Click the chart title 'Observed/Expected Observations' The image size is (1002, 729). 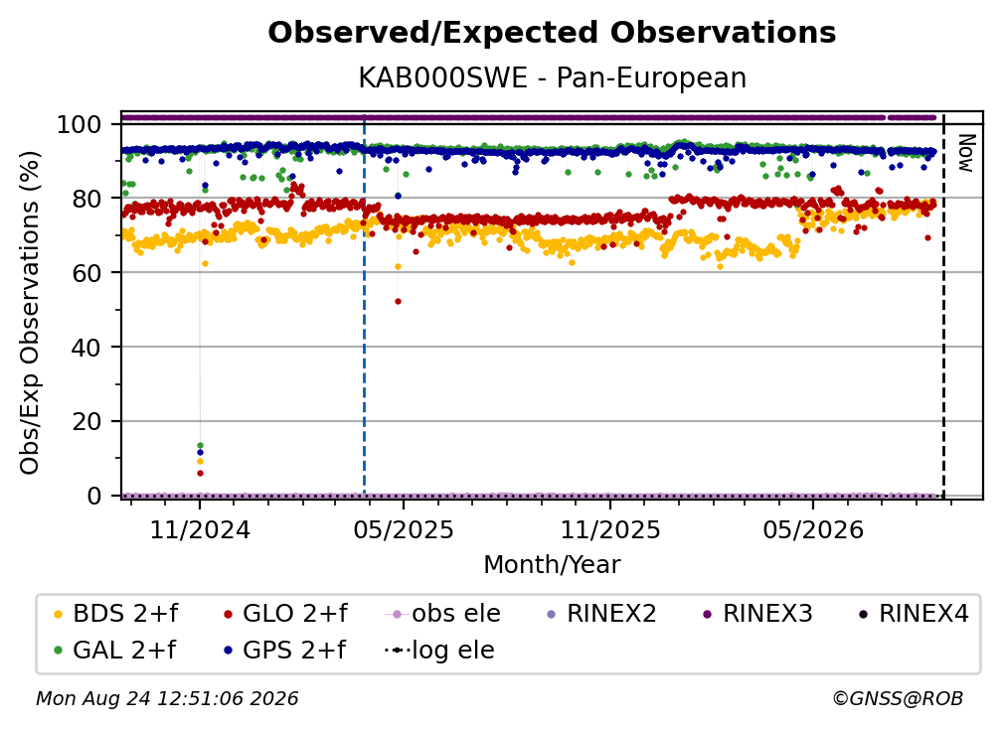pyautogui.click(x=552, y=33)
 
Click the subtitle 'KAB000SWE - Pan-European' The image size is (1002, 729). pyautogui.click(x=552, y=77)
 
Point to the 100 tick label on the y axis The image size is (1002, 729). pyautogui.click(x=80, y=124)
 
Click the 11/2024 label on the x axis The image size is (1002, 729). pyautogui.click(x=200, y=529)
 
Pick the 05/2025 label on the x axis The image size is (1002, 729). pyautogui.click(x=404, y=529)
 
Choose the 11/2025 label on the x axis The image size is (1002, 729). pyautogui.click(x=610, y=529)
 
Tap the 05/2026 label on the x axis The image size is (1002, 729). pyautogui.click(x=813, y=529)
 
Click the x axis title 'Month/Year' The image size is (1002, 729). pyautogui.click(x=552, y=565)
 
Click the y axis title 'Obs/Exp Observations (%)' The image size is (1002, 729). pyautogui.click(x=30, y=313)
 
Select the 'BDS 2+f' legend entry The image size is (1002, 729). pyautogui.click(x=115, y=614)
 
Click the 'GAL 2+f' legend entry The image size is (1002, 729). pyautogui.click(x=115, y=650)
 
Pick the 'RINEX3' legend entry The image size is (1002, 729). pyautogui.click(x=757, y=614)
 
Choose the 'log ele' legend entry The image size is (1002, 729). pyautogui.click(x=439, y=650)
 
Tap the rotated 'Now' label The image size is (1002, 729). pyautogui.click(x=966, y=153)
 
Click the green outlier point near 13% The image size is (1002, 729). pyautogui.click(x=200, y=445)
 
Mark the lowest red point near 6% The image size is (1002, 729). pyautogui.click(x=200, y=473)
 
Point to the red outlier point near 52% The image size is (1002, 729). pyautogui.click(x=398, y=301)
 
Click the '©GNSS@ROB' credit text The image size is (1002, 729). pyautogui.click(x=898, y=698)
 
